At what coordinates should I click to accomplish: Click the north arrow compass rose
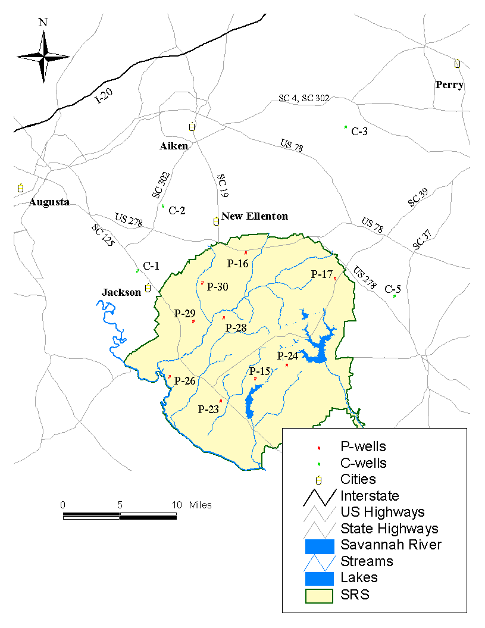(x=43, y=57)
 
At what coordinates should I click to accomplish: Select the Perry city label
(x=449, y=85)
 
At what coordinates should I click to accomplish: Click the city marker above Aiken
(x=192, y=127)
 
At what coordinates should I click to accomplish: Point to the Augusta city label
(x=49, y=202)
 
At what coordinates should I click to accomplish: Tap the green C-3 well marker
(x=346, y=127)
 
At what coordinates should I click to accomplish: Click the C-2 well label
(x=177, y=210)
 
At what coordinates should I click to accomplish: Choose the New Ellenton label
(x=255, y=216)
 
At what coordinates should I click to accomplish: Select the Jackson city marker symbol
(x=148, y=288)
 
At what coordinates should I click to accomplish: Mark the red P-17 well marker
(x=335, y=279)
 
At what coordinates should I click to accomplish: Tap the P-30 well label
(x=217, y=286)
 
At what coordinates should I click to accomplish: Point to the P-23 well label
(x=208, y=409)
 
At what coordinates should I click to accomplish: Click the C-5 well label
(x=393, y=289)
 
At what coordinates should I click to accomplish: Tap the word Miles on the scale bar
(x=200, y=505)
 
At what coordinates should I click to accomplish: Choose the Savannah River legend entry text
(x=390, y=544)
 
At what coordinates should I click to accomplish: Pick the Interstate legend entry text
(x=370, y=495)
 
